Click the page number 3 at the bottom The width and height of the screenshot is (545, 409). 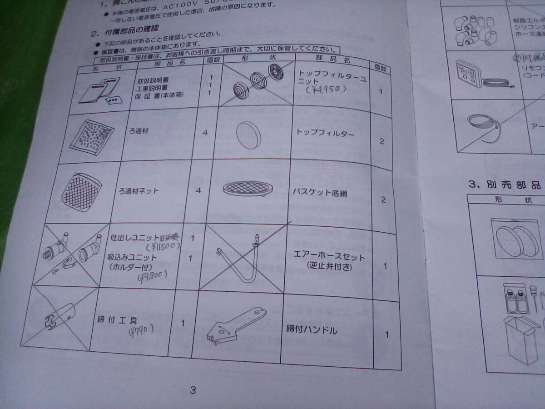193,390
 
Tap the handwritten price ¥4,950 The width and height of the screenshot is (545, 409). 326,89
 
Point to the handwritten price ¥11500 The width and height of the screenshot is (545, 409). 162,247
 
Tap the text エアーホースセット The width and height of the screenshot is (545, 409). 329,257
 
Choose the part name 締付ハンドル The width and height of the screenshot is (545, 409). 312,329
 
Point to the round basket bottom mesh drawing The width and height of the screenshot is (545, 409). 247,188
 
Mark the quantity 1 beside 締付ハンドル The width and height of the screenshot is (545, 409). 386,335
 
